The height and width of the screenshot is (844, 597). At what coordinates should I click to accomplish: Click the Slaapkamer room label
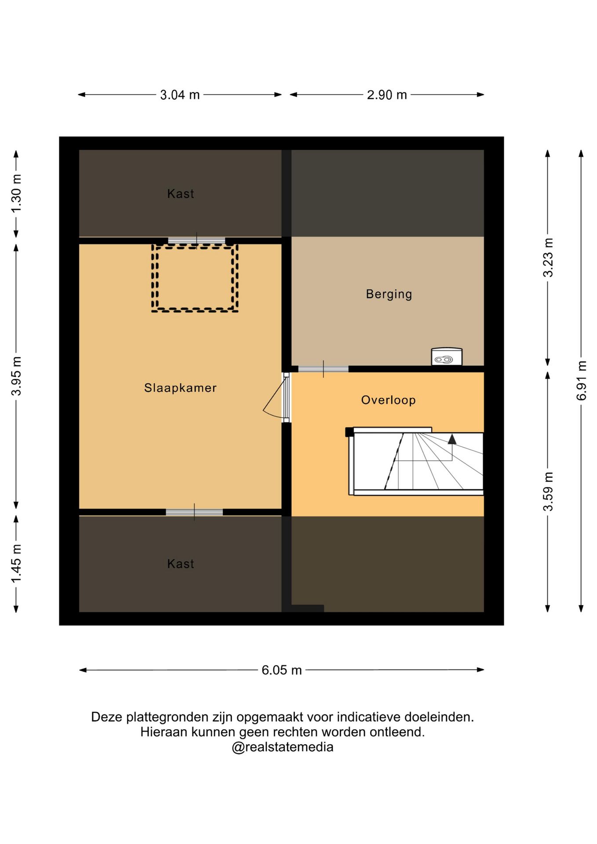point(180,388)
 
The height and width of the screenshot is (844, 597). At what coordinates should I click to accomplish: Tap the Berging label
point(389,294)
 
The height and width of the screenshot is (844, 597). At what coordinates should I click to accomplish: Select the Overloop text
point(389,400)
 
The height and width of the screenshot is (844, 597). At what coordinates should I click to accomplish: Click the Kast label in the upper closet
point(181,193)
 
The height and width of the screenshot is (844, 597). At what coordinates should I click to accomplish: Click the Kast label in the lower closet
point(181,564)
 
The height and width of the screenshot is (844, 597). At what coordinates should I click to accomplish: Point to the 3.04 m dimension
point(180,95)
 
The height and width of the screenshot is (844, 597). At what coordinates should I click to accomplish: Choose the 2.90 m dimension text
point(387,95)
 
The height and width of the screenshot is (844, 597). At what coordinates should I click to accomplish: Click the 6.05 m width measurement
point(282,670)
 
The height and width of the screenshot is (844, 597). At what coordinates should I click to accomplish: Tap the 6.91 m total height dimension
point(581,381)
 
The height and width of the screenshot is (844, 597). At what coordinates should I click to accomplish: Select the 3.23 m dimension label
point(548,258)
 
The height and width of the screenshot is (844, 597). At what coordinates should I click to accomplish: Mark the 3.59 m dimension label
point(548,491)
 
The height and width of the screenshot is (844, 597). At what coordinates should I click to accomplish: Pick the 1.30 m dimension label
point(16,193)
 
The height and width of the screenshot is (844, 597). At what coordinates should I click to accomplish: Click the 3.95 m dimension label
point(16,376)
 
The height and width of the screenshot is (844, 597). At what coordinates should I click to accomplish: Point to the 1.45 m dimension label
point(16,564)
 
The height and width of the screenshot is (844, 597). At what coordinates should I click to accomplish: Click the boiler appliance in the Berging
point(447,357)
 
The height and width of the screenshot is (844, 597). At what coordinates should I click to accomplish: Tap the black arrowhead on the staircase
point(452,439)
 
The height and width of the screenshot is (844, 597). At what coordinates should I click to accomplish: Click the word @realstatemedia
point(283,747)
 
